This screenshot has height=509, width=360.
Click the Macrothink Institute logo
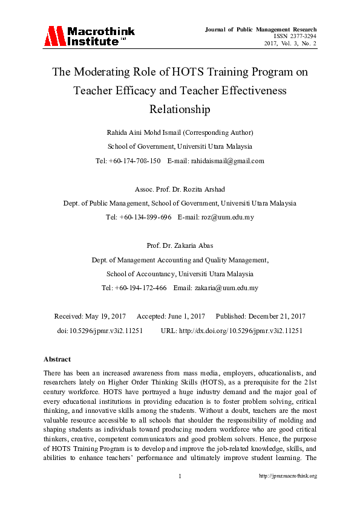coord(89,36)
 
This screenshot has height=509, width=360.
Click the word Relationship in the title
coord(180,109)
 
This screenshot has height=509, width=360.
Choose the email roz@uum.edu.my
coord(229,217)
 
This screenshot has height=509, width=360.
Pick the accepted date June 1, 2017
coord(185,316)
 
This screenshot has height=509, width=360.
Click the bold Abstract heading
coord(57,359)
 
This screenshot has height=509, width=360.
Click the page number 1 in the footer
coord(180,476)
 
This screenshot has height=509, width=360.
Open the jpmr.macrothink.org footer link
coord(288,476)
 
